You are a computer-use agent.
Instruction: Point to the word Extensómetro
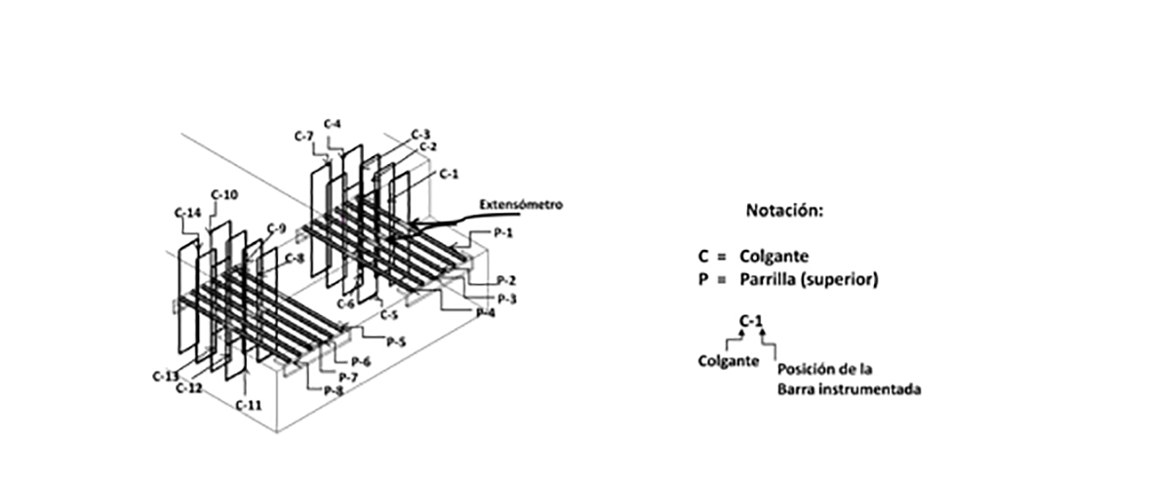521,205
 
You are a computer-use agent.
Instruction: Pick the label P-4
484,312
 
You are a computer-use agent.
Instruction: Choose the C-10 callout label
224,194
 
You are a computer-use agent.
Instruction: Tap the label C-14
186,212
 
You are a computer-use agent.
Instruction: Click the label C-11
249,403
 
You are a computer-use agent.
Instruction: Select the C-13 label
164,375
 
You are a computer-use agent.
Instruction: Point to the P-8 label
334,390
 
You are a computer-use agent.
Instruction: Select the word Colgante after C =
775,256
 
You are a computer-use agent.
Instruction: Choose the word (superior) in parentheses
849,279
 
